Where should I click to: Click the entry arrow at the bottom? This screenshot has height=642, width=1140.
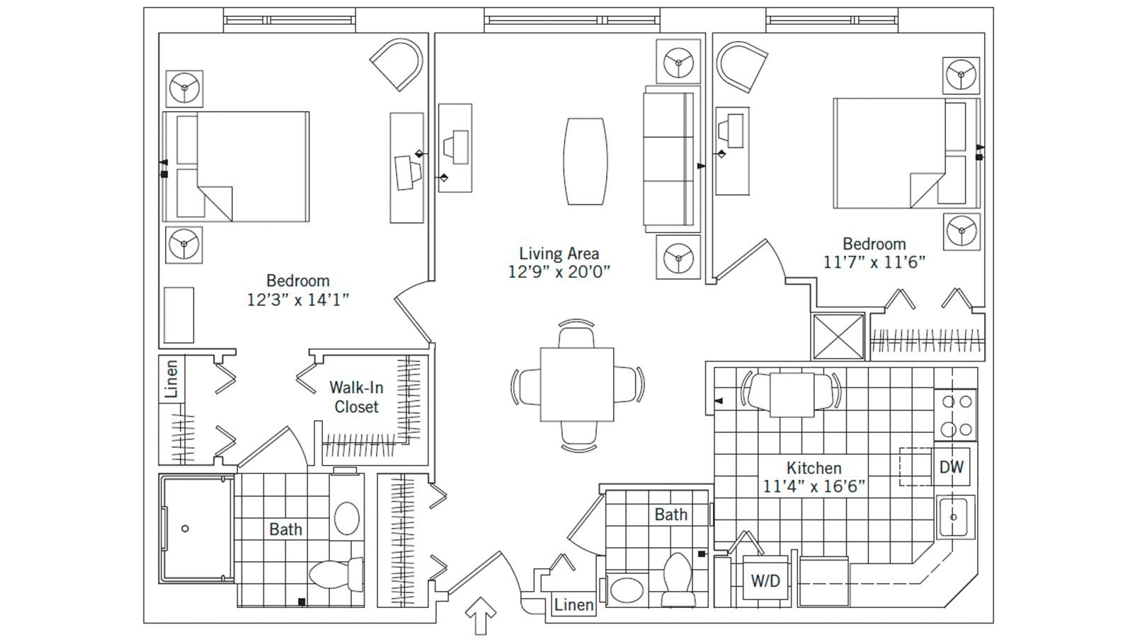pos(483,614)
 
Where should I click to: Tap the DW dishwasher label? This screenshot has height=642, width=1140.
pos(951,467)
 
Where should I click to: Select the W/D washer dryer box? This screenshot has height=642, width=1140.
pos(765,581)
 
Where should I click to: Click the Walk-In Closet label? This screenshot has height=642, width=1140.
pos(357,397)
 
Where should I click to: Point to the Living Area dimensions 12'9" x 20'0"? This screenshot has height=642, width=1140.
pos(559,271)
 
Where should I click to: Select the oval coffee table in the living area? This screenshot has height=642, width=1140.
pos(585,162)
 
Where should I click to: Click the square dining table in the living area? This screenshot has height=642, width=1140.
pos(577,385)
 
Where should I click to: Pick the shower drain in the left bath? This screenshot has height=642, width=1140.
pos(186,529)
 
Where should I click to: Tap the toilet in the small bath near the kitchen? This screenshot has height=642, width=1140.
pos(677,578)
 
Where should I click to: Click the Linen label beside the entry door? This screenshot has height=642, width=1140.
pos(574,604)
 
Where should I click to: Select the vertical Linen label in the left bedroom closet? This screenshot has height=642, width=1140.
pos(171,378)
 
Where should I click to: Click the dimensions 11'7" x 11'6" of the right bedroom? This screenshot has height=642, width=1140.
pos(874,262)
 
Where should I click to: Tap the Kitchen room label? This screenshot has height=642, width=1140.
pos(814,468)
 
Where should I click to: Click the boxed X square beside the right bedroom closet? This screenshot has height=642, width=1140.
pos(838,337)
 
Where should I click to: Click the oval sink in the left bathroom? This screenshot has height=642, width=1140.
pos(347,518)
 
